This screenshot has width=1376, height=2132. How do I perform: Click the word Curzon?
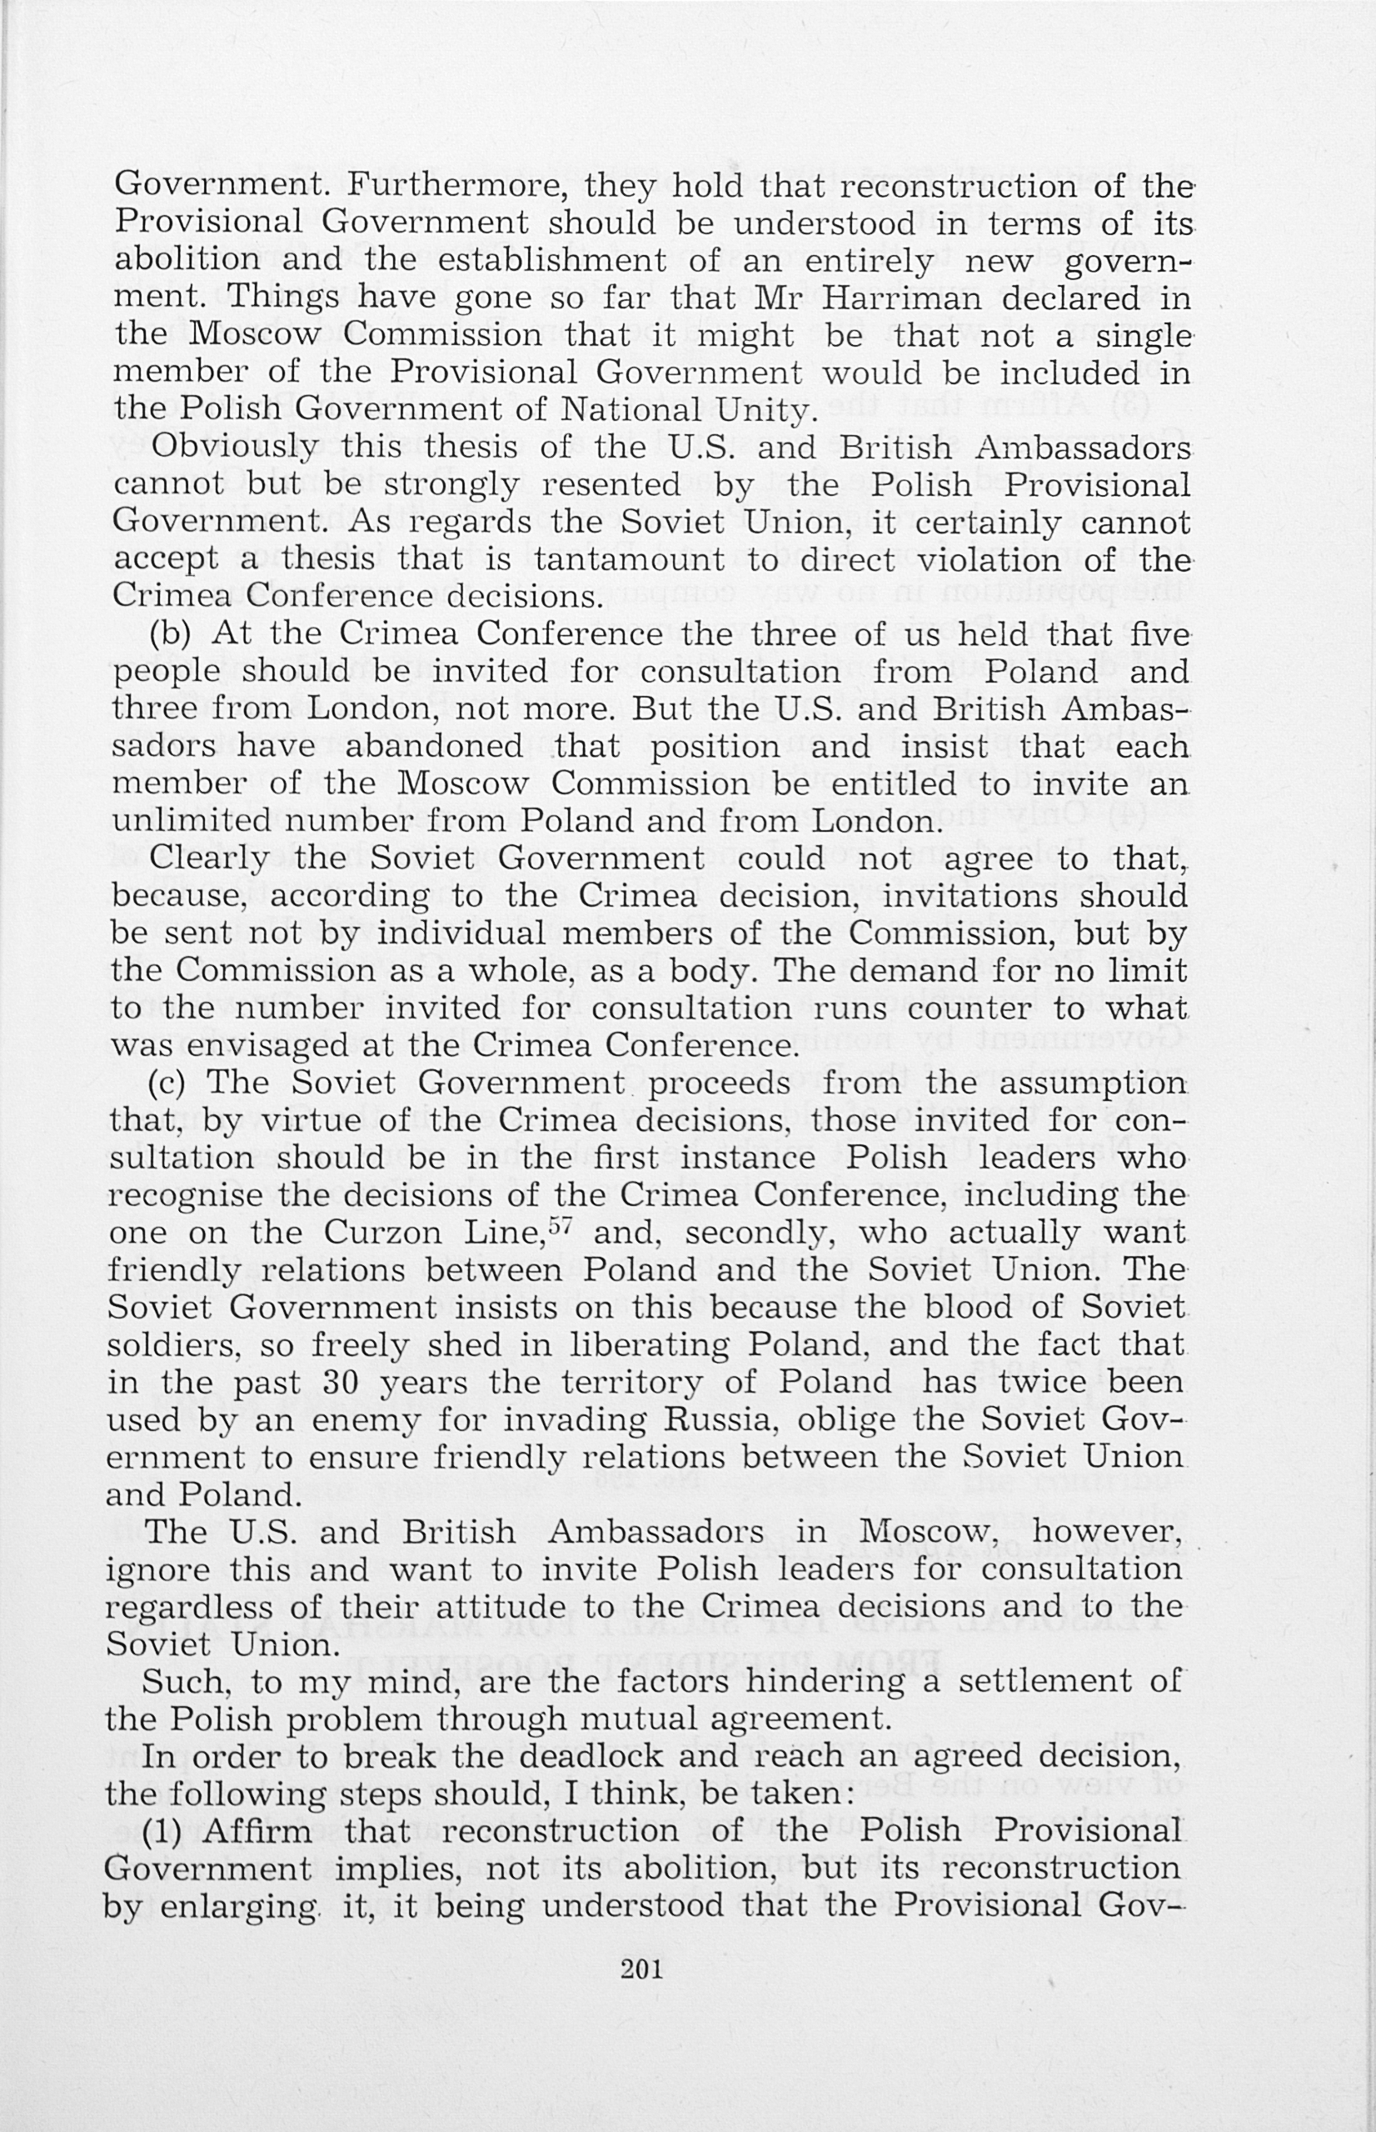click(x=381, y=1234)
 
